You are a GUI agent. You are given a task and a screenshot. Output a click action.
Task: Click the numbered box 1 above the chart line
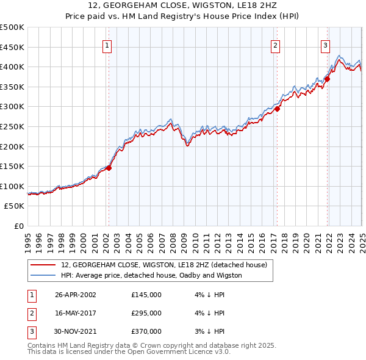click(x=107, y=45)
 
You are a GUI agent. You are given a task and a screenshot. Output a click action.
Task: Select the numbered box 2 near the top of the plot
click(x=275, y=45)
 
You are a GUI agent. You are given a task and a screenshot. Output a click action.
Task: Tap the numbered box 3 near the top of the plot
click(x=325, y=45)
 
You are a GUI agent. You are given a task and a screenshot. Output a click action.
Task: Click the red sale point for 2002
click(x=109, y=168)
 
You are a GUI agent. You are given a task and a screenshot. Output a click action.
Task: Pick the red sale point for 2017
click(x=277, y=109)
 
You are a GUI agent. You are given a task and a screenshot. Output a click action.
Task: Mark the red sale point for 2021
click(x=328, y=78)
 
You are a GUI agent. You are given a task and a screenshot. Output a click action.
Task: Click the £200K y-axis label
click(x=13, y=146)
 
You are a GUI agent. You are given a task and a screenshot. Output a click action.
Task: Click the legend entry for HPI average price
click(x=151, y=275)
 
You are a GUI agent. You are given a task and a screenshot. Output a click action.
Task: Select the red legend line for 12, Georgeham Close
click(x=43, y=265)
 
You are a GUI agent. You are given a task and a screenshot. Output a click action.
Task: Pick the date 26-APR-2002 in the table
click(x=76, y=295)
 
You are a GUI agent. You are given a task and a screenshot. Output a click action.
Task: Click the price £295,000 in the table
click(x=146, y=313)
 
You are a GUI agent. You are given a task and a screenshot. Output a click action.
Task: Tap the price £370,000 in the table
click(x=146, y=331)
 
